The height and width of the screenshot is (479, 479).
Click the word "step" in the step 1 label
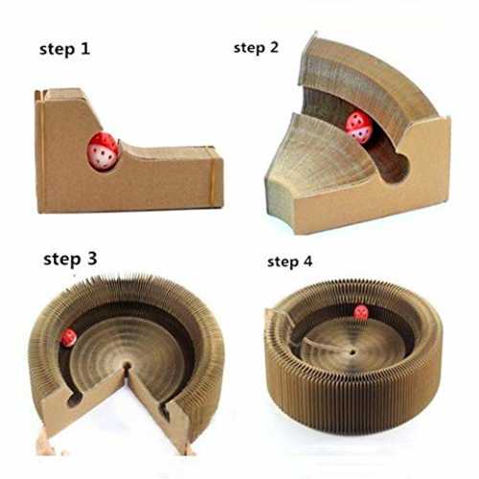[x=56, y=50]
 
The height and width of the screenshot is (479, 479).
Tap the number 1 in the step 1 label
[x=84, y=48]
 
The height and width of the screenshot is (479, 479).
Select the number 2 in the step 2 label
[x=273, y=47]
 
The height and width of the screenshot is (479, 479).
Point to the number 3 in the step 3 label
[x=92, y=259]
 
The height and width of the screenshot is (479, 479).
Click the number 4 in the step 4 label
[x=307, y=261]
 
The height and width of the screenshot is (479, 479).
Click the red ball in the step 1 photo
[x=103, y=150]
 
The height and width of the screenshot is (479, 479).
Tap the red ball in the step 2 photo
[x=359, y=125]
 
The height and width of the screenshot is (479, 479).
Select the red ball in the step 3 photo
[x=69, y=338]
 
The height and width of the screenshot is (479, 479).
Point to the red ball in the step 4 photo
[x=361, y=312]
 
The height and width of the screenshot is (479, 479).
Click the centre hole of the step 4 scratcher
[x=353, y=353]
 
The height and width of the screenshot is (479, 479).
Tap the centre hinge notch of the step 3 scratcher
[x=127, y=367]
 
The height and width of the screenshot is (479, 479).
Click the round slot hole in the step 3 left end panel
[x=75, y=399]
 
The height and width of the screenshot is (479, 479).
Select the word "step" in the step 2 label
[x=249, y=48]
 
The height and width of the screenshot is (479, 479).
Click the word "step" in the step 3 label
[x=62, y=260]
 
